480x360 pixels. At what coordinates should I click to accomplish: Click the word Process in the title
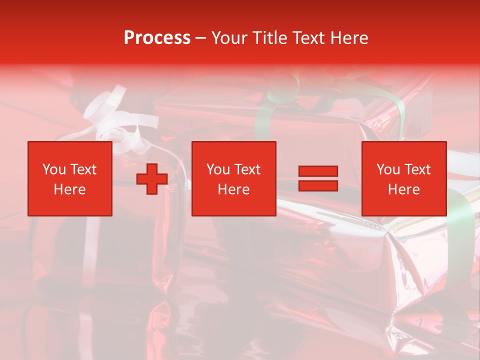[157, 38]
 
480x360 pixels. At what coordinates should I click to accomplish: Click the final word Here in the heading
[350, 38]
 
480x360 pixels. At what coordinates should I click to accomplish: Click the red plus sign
[152, 179]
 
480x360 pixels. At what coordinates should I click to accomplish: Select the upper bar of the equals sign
[318, 171]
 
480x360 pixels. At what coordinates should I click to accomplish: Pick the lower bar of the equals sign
[318, 185]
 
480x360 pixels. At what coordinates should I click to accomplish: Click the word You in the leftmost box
[54, 169]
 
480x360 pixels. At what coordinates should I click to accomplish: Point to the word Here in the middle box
[234, 189]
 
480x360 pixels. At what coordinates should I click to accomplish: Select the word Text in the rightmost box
[417, 169]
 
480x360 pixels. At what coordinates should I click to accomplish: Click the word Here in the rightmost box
[404, 189]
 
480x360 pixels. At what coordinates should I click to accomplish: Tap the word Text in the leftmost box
[82, 169]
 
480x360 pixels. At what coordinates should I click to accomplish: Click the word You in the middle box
[218, 169]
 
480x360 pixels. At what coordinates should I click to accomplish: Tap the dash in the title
[200, 38]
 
